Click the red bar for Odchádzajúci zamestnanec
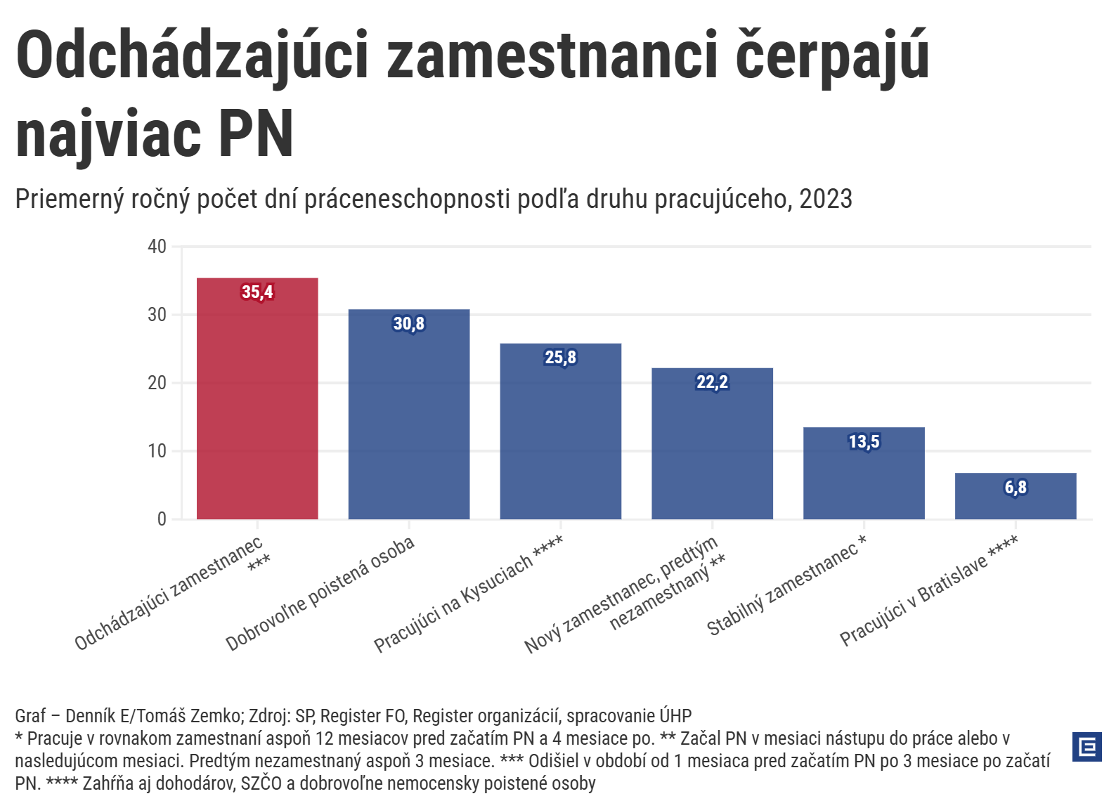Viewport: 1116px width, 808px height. point(257,408)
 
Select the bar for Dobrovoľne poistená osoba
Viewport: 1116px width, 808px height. point(409,422)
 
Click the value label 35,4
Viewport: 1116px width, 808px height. point(257,292)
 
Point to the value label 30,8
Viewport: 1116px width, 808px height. point(409,324)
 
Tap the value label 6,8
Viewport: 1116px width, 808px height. point(1016,488)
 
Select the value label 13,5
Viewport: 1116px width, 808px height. point(864,442)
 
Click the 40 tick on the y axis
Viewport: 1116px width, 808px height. point(157,247)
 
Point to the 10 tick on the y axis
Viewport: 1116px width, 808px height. point(157,451)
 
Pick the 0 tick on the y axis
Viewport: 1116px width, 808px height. point(162,519)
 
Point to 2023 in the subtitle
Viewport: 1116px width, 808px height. point(826,200)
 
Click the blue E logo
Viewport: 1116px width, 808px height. point(1086,746)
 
